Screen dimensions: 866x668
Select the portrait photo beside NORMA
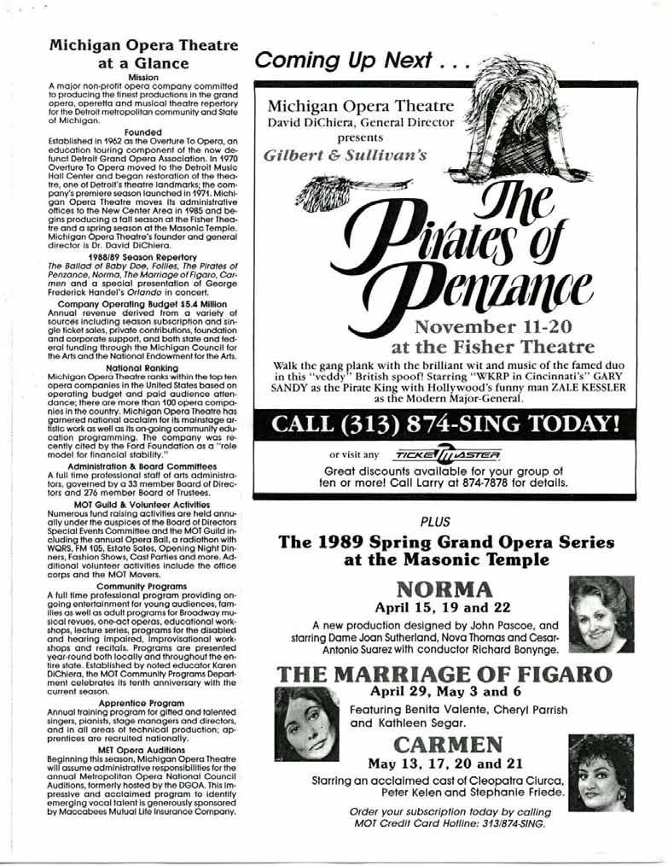click(601, 614)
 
